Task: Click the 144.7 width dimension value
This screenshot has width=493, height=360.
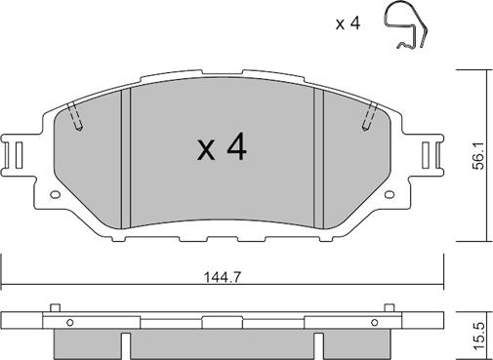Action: [223, 277]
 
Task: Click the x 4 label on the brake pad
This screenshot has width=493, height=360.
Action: [222, 148]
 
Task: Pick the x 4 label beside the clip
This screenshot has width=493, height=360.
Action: [348, 23]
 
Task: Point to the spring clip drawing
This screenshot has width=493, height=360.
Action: [406, 26]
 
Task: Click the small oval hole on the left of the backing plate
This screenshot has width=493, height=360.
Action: [56, 194]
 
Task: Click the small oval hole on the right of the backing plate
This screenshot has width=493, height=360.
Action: [390, 194]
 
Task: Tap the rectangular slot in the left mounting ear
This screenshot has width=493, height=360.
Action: [20, 155]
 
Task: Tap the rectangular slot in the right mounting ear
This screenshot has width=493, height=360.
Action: [426, 155]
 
